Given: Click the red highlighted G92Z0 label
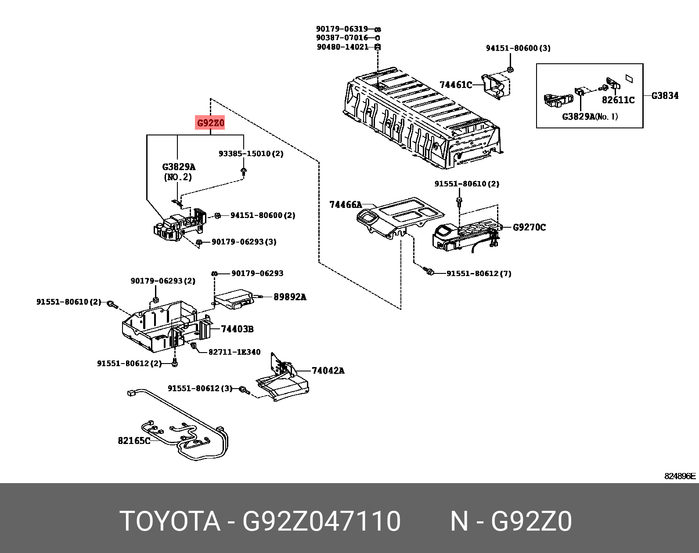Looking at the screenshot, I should pos(210,123).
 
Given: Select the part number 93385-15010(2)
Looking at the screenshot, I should pos(251,153).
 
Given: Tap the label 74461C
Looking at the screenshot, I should pos(455,85).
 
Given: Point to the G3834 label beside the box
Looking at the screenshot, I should pos(664,95).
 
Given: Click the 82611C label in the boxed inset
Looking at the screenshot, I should pos(618,100).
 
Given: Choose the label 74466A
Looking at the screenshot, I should pos(346,204).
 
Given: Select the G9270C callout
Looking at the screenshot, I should pos(530,227).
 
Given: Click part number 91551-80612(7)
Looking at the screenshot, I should pos(479,273).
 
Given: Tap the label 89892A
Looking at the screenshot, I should pos(290,297).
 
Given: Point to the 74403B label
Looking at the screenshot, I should pos(237,329).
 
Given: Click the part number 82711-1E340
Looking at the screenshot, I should pos(234,352).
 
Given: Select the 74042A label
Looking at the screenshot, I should pos(328,371).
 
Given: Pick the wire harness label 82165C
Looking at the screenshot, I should pos(134,440).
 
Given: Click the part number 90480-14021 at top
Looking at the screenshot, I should pos(342,47).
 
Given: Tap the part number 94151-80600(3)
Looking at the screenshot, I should pos(518,48).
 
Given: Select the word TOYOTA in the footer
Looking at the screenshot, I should pos(169,521).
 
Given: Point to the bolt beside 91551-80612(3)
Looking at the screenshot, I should pos(244,389).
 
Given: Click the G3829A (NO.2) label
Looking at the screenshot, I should pos(178,172).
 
